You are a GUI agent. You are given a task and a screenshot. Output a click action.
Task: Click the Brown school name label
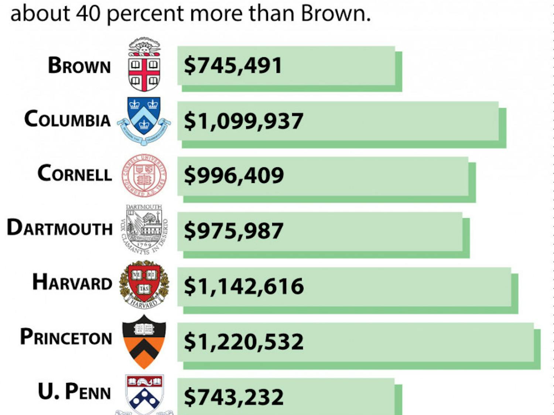pos(79,66)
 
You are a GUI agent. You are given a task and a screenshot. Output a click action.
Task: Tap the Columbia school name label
pos(68,120)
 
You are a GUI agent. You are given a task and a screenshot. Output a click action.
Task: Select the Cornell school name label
pos(75,174)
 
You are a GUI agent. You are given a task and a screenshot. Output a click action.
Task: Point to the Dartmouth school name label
pos(60,228)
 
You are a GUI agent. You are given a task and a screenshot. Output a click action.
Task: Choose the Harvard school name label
pos(72,282)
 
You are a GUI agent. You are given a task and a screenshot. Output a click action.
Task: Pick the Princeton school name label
pos(66,337)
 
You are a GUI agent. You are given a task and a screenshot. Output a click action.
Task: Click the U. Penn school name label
pos(75,392)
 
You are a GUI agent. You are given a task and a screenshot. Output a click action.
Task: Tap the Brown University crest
pos(144,65)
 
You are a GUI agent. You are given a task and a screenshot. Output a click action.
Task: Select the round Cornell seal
pos(144,175)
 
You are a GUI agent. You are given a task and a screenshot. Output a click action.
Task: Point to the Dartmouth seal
pos(144,229)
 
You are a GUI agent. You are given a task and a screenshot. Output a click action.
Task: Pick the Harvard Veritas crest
pos(144,284)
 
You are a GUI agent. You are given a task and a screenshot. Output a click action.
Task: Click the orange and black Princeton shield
pos(144,341)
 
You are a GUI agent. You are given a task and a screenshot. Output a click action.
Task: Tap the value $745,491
pos(233,66)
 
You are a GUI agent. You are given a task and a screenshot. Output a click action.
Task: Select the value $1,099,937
pos(244,121)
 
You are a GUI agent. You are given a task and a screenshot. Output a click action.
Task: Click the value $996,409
pos(234,175)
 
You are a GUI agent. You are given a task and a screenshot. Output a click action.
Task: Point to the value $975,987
pos(234,231)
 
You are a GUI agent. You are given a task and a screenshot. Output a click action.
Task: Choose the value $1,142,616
pos(244,286)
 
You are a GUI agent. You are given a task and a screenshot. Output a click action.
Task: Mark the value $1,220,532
pos(244,342)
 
